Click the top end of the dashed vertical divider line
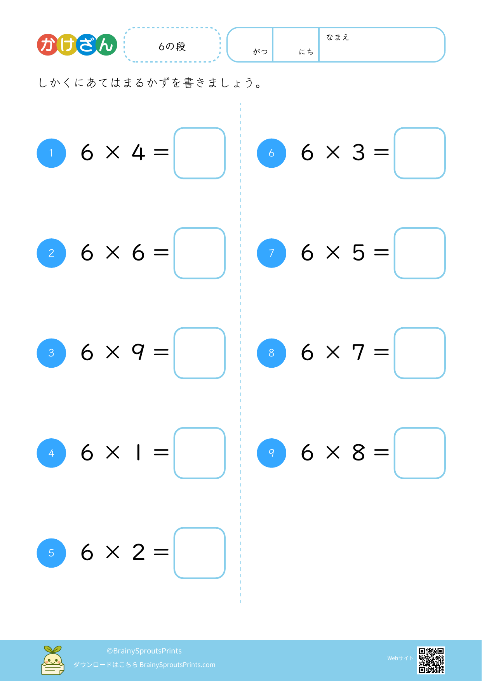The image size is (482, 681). (241, 104)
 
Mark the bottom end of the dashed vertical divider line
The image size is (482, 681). (241, 603)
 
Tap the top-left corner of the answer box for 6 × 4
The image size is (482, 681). (174, 128)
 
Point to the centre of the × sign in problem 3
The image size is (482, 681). (113, 353)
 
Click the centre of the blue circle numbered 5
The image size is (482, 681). (51, 553)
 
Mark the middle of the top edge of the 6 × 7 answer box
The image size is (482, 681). (420, 328)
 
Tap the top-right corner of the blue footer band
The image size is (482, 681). (482, 640)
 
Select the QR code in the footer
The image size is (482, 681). (431, 660)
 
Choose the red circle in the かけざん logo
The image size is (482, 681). (47, 45)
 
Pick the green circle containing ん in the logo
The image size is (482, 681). (106, 45)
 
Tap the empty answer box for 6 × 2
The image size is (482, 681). (200, 553)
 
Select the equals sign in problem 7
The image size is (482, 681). (381, 253)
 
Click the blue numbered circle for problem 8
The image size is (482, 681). (271, 353)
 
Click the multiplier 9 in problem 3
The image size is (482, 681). (138, 352)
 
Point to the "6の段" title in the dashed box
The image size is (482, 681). (172, 47)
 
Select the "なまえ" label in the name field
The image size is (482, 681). (338, 37)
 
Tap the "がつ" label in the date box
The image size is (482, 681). (260, 52)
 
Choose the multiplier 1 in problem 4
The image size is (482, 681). (138, 452)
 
